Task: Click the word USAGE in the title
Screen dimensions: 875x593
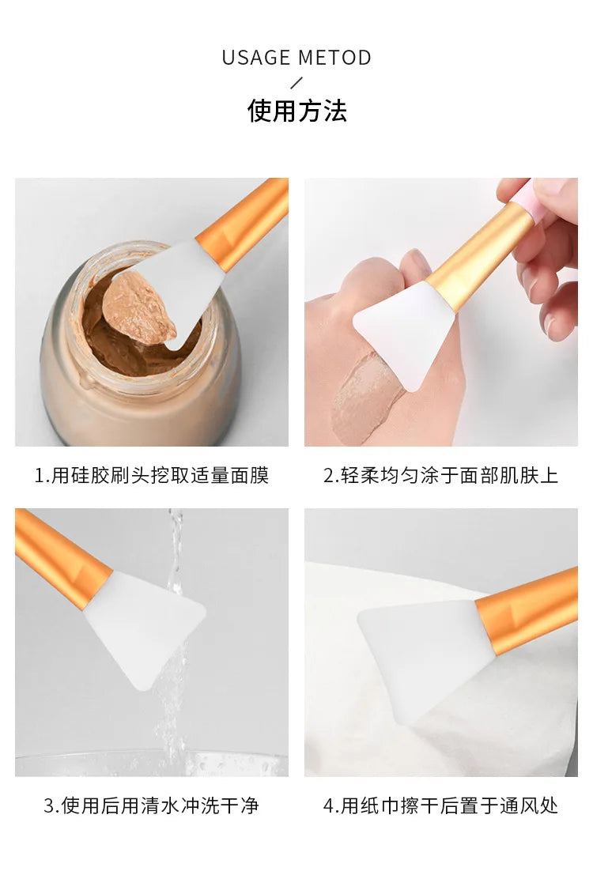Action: click(257, 58)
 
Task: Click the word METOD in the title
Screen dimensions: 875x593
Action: click(334, 58)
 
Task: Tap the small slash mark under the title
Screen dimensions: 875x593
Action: click(296, 82)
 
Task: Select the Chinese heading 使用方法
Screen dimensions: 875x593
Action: click(296, 111)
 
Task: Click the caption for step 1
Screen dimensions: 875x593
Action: click(151, 475)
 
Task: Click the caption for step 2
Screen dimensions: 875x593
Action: click(440, 475)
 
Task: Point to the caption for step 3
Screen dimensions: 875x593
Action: click(151, 805)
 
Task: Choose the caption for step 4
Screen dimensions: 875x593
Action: click(440, 805)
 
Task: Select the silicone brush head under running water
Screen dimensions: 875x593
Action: click(142, 624)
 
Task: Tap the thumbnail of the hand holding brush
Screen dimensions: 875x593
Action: click(440, 311)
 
